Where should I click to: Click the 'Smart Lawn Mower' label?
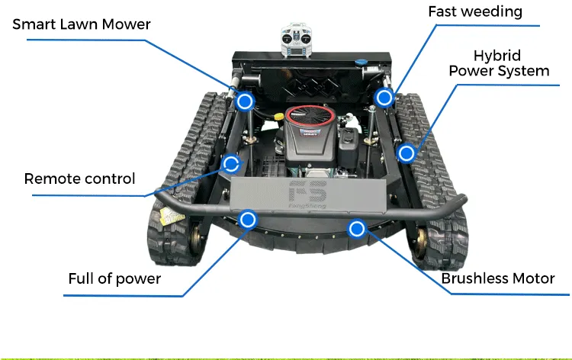coord(81,24)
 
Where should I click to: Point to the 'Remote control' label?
coord(79,179)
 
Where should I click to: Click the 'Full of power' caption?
coord(114,278)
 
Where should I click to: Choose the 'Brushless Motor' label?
coord(497,278)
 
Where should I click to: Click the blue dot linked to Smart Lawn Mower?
coord(245,101)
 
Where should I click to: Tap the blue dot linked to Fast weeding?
coord(384,97)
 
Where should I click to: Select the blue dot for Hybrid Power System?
coord(407,153)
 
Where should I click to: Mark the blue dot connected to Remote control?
coord(230,162)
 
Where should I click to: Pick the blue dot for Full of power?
coord(247,220)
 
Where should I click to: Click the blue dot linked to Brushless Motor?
coord(356,228)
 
